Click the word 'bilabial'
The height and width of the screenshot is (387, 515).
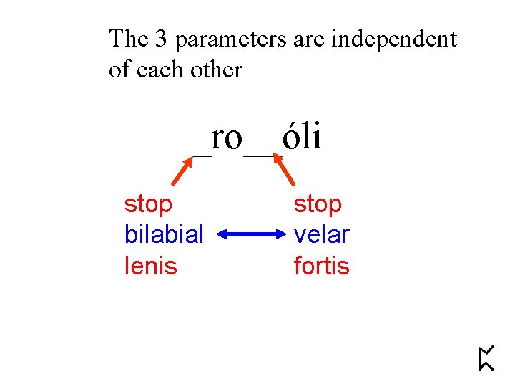[164, 234]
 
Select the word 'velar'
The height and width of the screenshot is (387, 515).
[321, 234]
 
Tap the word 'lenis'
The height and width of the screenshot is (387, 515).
[150, 266]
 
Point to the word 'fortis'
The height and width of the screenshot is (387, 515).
[321, 266]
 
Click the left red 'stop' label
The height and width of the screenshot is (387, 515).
[148, 204]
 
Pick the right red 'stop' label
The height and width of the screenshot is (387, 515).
[318, 204]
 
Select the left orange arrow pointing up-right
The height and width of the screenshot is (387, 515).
[184, 172]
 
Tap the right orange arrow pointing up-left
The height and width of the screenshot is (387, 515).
[285, 172]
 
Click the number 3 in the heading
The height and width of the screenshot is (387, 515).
[161, 39]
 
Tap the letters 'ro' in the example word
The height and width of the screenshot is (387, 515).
[227, 138]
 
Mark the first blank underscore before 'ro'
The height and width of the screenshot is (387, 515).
[202, 153]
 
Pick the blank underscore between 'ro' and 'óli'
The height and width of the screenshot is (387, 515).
[258, 153]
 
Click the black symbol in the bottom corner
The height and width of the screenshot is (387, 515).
[486, 358]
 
